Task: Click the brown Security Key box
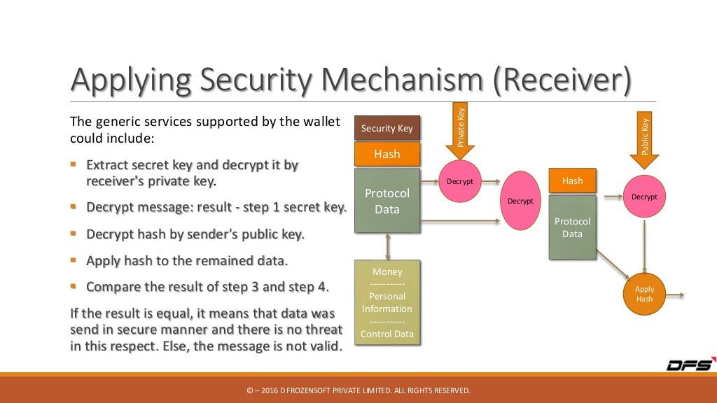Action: tap(387, 128)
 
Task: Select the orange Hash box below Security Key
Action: tap(387, 154)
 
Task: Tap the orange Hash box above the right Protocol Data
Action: tap(572, 181)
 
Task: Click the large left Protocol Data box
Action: tap(387, 200)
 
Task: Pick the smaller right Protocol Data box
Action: tap(572, 227)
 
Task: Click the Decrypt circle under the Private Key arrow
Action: tap(460, 182)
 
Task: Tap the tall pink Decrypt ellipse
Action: tap(520, 201)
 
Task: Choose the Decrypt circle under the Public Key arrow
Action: tap(644, 197)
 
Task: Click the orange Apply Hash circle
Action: tap(644, 294)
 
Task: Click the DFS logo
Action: tap(689, 365)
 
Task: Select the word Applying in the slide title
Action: tap(130, 80)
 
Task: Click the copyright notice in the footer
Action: tap(358, 390)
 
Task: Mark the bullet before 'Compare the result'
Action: tap(74, 285)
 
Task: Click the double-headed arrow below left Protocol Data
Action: tap(387, 246)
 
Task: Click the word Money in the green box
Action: tap(387, 271)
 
